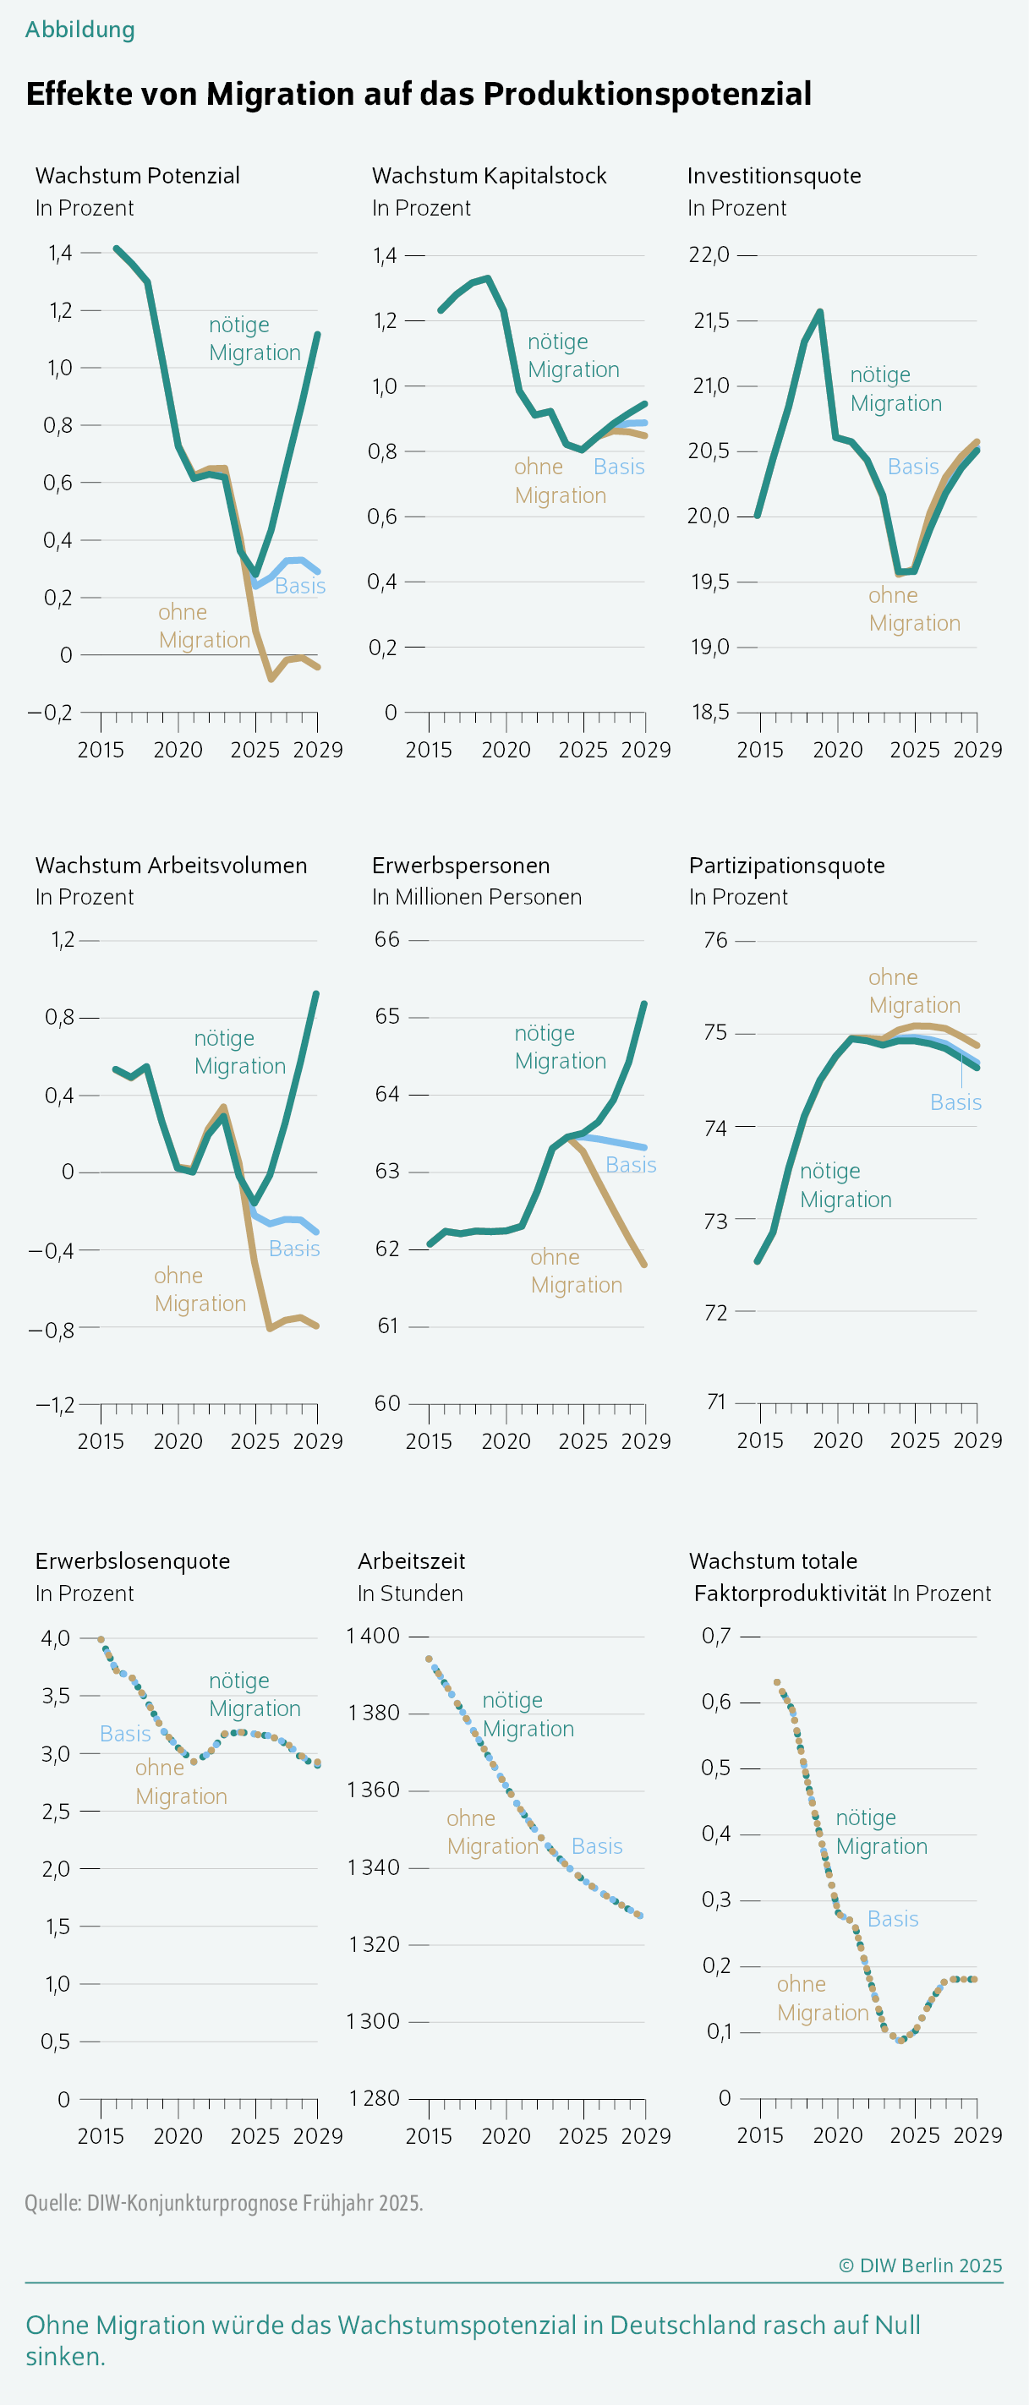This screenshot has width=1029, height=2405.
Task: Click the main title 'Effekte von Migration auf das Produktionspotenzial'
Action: pyautogui.click(x=419, y=95)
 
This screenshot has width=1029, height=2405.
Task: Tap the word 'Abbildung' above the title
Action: pyautogui.click(x=80, y=30)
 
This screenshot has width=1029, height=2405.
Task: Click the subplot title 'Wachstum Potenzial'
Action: pyautogui.click(x=137, y=176)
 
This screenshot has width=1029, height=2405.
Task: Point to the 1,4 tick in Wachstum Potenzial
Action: pyautogui.click(x=60, y=253)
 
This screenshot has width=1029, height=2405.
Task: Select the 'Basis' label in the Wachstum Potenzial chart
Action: pyautogui.click(x=299, y=587)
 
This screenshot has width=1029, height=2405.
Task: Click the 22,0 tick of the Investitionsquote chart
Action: pyautogui.click(x=709, y=255)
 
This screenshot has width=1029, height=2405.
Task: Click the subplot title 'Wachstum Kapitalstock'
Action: pyautogui.click(x=490, y=176)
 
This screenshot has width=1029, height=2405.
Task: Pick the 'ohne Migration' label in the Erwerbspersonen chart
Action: pyautogui.click(x=575, y=1271)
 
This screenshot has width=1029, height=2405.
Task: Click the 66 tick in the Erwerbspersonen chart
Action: pyautogui.click(x=387, y=939)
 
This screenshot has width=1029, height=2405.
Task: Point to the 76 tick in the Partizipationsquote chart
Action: pyautogui.click(x=715, y=940)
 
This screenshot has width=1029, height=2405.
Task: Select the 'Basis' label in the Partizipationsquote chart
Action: pyautogui.click(x=955, y=1102)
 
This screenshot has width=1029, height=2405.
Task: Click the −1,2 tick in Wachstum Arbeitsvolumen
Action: pyautogui.click(x=55, y=1405)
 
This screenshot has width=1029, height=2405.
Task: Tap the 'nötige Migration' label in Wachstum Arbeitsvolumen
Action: pyautogui.click(x=239, y=1052)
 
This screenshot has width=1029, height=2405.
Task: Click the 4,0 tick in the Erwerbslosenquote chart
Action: pyautogui.click(x=55, y=1638)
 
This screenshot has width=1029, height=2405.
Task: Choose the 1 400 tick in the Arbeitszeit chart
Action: pyautogui.click(x=374, y=1636)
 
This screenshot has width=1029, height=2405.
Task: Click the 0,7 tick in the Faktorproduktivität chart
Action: pyautogui.click(x=716, y=1636)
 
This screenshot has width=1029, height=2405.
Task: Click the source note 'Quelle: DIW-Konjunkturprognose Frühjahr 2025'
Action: pyautogui.click(x=224, y=2202)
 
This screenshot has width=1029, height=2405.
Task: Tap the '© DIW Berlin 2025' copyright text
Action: pyautogui.click(x=920, y=2266)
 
